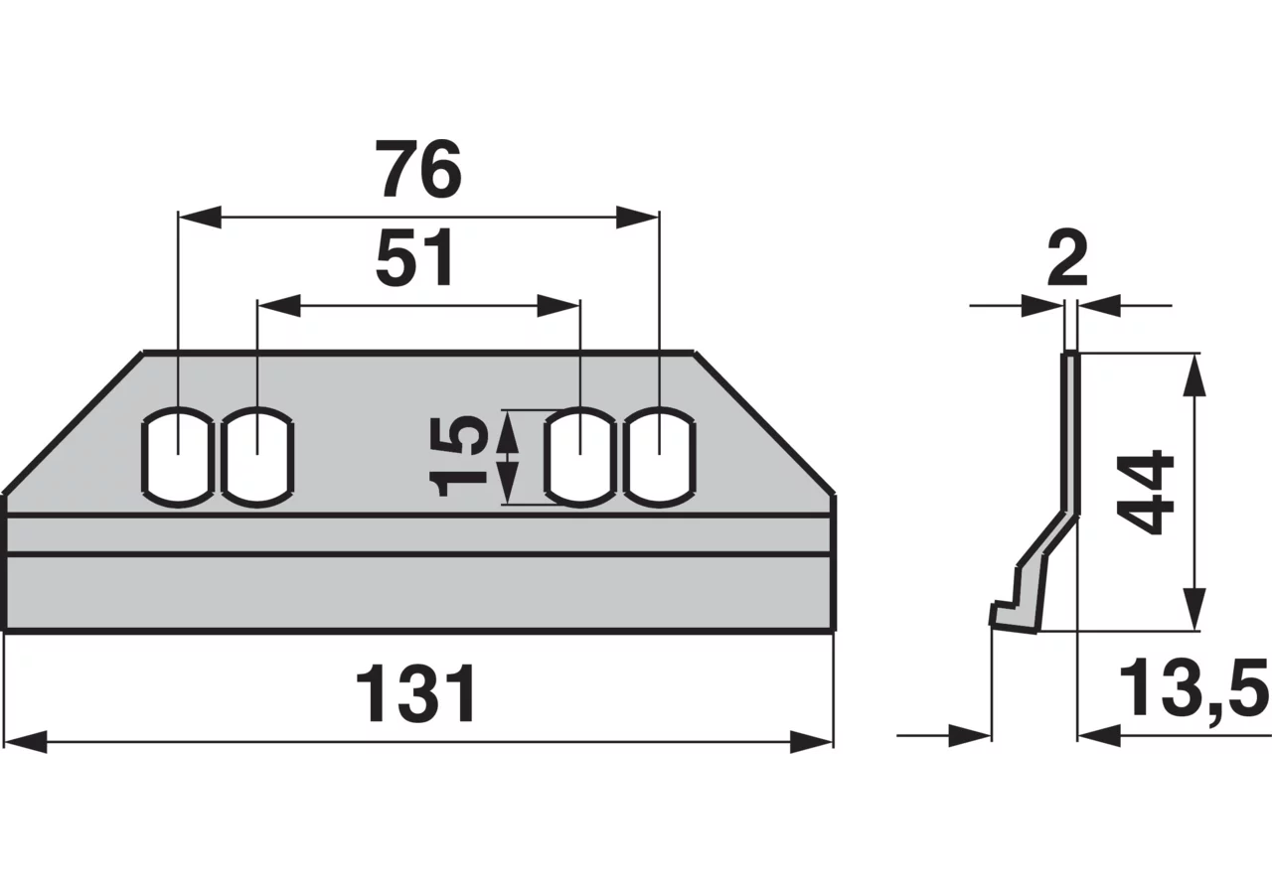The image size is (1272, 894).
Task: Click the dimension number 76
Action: coord(419,169)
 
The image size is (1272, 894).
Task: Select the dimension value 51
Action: coord(415,259)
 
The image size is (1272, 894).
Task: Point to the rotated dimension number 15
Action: coord(460,456)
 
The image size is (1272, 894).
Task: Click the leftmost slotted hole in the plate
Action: coord(178,457)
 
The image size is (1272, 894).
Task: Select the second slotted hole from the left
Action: coord(257,457)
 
